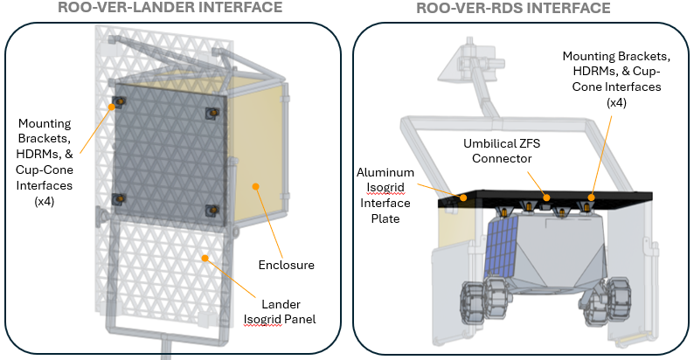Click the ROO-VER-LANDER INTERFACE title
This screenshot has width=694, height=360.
click(x=170, y=7)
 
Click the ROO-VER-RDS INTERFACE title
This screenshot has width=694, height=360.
click(x=513, y=8)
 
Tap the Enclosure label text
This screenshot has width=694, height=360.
click(x=287, y=265)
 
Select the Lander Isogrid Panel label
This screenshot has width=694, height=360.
click(x=280, y=312)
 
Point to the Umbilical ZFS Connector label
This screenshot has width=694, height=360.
click(x=502, y=151)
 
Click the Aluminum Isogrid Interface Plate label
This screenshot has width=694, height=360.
click(x=385, y=196)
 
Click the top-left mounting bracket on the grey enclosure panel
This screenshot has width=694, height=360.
click(x=119, y=102)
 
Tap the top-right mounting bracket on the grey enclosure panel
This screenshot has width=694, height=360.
click(x=212, y=114)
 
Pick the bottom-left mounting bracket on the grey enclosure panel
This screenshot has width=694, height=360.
click(x=119, y=199)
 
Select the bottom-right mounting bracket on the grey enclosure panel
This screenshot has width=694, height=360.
click(x=212, y=210)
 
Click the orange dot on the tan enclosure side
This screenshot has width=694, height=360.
click(x=255, y=186)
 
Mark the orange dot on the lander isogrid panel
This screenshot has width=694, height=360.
click(x=205, y=258)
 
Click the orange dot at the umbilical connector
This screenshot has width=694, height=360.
click(x=547, y=197)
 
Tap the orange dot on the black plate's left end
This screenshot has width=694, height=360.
click(x=463, y=197)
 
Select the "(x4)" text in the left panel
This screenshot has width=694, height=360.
click(x=45, y=201)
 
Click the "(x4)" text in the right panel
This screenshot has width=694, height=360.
click(x=616, y=102)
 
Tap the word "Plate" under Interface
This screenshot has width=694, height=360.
click(x=385, y=218)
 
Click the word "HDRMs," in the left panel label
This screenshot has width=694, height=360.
click(x=45, y=154)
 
